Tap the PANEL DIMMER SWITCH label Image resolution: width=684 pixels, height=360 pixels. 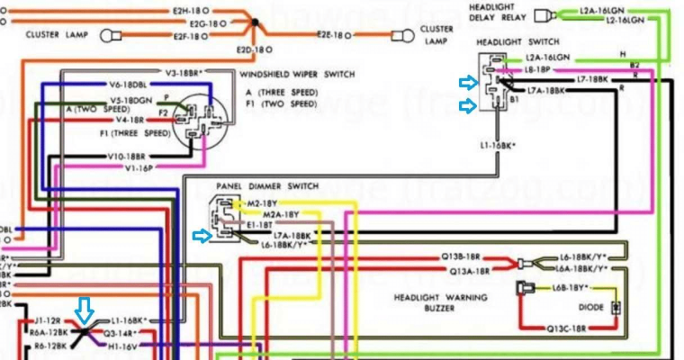click(x=267, y=186)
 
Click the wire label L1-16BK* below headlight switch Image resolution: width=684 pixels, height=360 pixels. click(x=497, y=144)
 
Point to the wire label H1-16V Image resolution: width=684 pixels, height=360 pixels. click(x=122, y=346)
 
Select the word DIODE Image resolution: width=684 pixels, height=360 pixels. click(x=592, y=306)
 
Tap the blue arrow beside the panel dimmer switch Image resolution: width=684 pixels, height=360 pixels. click(x=202, y=236)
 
